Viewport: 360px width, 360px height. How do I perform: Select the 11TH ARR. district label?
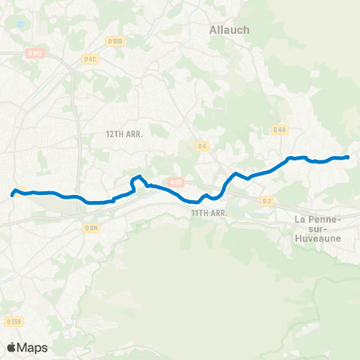click(208, 213)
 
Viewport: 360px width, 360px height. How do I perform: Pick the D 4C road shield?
click(91, 58)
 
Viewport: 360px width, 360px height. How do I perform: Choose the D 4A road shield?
click(280, 130)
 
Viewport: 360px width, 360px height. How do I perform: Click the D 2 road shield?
click(267, 201)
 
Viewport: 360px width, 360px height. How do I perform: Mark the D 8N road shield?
click(91, 226)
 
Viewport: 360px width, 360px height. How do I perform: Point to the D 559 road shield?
click(13, 322)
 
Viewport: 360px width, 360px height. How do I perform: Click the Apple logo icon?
click(11, 347)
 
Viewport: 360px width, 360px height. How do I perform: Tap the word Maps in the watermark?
click(33, 347)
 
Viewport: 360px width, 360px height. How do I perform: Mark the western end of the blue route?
click(12, 195)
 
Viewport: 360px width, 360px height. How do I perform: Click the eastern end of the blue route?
click(349, 157)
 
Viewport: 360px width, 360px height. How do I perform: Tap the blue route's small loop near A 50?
click(138, 180)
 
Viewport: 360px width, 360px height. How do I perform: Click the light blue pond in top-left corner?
click(20, 24)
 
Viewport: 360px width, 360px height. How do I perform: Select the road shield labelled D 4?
click(202, 145)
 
